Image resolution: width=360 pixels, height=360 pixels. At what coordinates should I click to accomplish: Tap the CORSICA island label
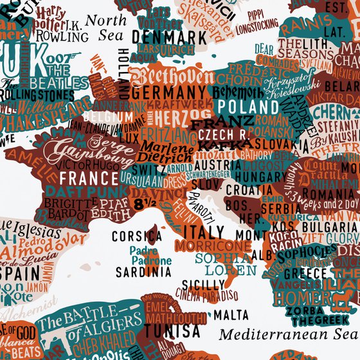tap(137, 237)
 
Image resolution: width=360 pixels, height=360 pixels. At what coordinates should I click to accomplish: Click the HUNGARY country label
tap(255, 175)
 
